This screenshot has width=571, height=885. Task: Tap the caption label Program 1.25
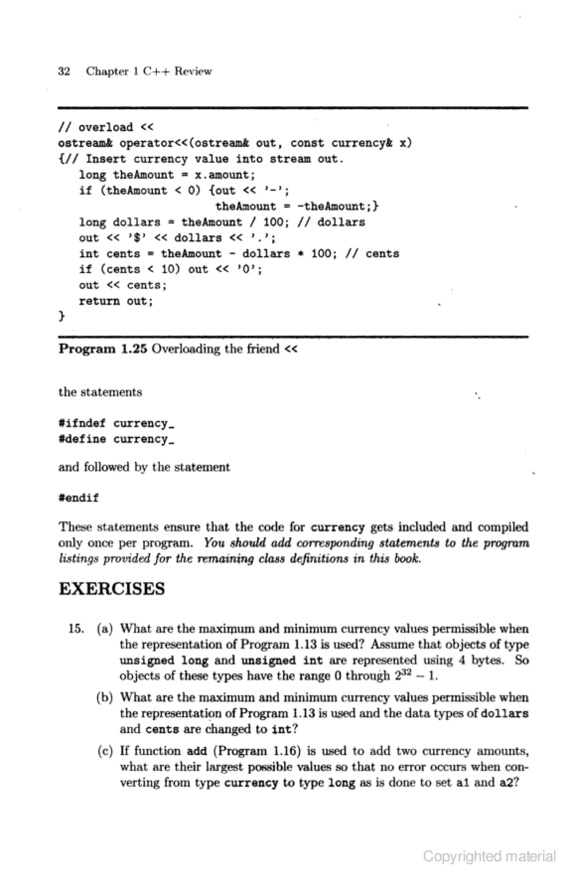103,349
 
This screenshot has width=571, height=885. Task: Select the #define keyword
82,439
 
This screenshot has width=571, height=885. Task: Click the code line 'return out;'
116,301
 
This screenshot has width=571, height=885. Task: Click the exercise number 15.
76,629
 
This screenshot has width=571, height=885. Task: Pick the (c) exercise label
105,751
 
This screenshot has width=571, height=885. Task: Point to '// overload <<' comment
106,127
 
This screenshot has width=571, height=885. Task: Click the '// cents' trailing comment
372,254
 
